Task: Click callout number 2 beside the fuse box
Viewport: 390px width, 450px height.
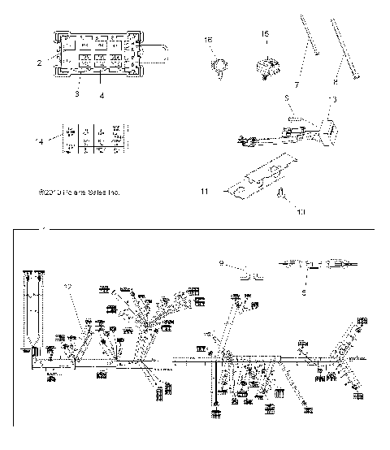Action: click(x=38, y=61)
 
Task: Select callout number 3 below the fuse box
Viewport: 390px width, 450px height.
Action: click(x=76, y=94)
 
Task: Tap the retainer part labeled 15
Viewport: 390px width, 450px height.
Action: click(x=268, y=65)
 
